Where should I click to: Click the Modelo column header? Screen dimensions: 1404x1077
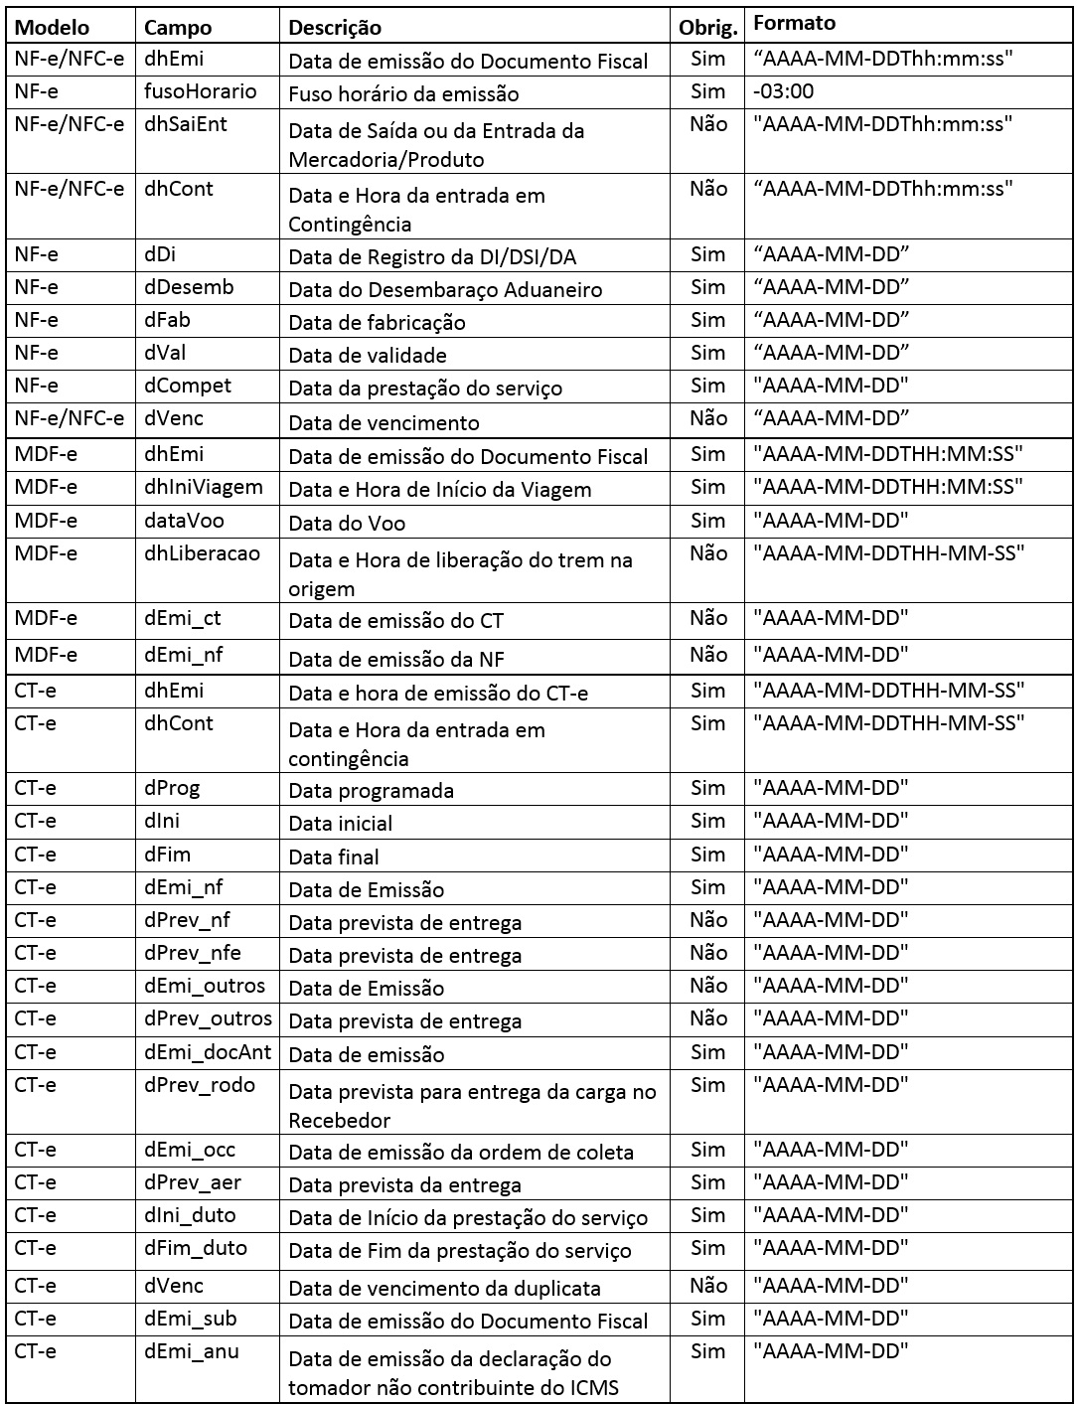tap(52, 27)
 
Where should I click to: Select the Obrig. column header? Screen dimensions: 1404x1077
tap(708, 27)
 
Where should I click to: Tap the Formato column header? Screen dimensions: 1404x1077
tap(795, 23)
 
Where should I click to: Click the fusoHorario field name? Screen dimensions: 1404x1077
tap(201, 91)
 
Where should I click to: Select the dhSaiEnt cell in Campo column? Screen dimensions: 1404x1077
tap(186, 124)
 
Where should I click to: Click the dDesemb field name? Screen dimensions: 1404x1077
tap(190, 287)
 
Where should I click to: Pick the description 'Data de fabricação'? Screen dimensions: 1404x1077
tap(377, 322)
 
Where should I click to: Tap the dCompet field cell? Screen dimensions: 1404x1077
tap(188, 386)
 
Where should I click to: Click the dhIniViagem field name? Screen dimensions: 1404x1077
tap(204, 487)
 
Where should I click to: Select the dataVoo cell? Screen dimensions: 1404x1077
tap(185, 521)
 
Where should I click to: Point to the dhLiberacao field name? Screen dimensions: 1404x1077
tap(203, 553)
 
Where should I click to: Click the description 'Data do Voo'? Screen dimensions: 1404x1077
tap(347, 523)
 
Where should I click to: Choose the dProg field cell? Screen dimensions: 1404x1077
tap(172, 788)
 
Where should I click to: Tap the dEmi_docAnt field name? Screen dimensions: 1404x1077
tap(208, 1052)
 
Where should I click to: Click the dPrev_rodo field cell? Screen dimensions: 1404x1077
tap(200, 1085)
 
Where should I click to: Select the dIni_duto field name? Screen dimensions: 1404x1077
tap(191, 1215)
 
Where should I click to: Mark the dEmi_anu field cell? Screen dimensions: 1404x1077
tap(192, 1351)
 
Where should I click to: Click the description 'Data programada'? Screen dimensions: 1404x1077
tap(371, 791)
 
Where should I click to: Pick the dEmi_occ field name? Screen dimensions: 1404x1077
tap(190, 1150)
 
